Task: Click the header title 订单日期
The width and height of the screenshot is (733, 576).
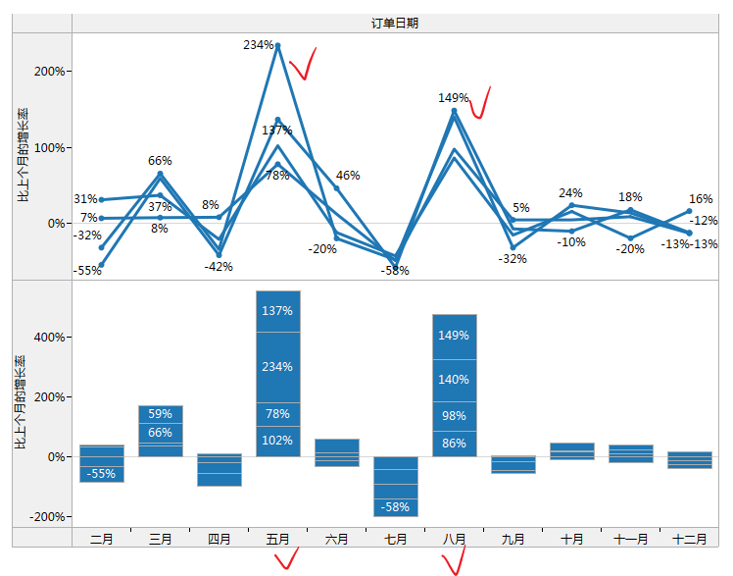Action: tap(395, 24)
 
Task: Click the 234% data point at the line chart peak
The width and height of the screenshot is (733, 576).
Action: tap(278, 45)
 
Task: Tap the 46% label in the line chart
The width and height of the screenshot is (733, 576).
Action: tap(348, 176)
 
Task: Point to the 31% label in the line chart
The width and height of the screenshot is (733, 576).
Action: tap(85, 199)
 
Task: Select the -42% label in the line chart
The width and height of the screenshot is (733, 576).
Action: tap(218, 266)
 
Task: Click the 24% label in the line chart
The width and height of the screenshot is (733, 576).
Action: tap(570, 193)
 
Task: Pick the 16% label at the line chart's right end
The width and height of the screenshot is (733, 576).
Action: tap(701, 199)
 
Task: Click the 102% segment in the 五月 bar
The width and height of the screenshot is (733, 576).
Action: tap(277, 441)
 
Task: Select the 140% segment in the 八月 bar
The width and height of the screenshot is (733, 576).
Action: tap(454, 380)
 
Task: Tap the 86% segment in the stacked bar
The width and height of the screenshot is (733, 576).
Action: tap(454, 444)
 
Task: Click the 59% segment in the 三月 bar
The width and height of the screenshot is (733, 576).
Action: tap(160, 414)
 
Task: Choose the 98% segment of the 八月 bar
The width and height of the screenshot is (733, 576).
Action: tap(454, 416)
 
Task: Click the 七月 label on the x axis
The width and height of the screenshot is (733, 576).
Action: tap(395, 539)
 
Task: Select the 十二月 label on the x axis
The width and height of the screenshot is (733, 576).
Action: tap(689, 539)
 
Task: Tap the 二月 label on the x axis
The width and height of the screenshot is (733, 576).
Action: tap(101, 539)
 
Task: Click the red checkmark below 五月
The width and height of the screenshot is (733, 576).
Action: tap(286, 560)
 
